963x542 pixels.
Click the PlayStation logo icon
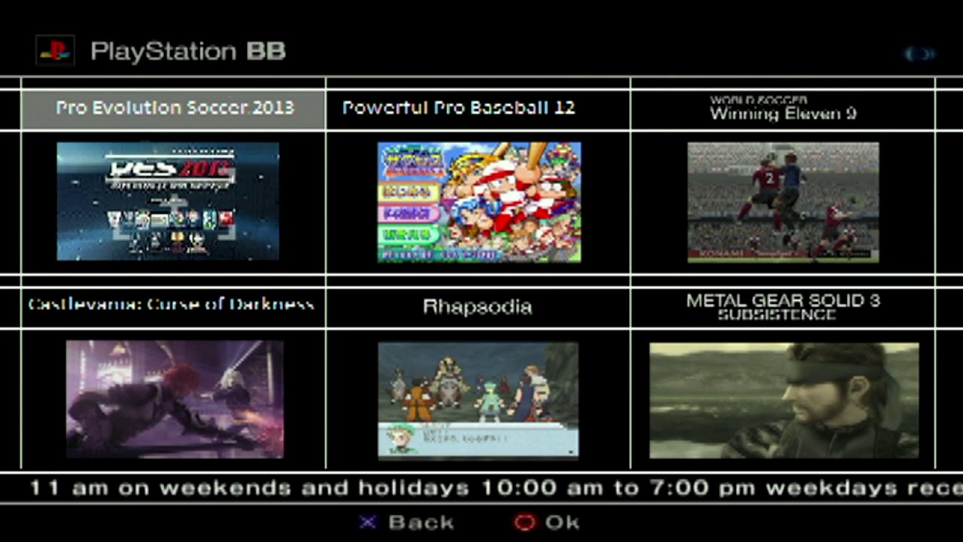(55, 50)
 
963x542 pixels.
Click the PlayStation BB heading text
(187, 51)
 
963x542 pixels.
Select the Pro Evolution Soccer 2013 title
(175, 108)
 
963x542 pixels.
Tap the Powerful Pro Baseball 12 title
(458, 108)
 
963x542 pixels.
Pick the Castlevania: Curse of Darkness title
(171, 305)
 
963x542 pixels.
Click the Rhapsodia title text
(477, 306)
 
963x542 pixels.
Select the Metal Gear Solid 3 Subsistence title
(782, 306)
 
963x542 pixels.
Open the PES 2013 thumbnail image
(168, 201)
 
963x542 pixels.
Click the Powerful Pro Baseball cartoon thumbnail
(478, 202)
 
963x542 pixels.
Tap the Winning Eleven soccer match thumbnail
(782, 202)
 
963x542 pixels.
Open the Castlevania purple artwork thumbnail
(175, 399)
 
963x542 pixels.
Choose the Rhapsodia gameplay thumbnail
(478, 400)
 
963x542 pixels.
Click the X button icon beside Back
(367, 522)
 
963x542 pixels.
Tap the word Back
(421, 522)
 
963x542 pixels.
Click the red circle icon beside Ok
(524, 522)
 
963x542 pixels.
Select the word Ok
(562, 522)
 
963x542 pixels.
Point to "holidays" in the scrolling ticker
(413, 488)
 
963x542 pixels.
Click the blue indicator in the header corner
(919, 53)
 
